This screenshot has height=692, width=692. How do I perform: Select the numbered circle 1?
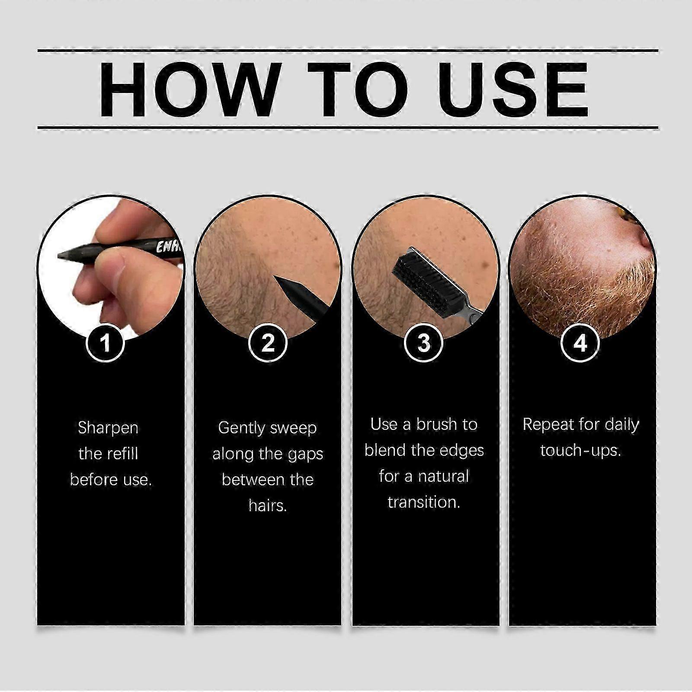tap(105, 343)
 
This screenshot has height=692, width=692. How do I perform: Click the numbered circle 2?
tap(268, 343)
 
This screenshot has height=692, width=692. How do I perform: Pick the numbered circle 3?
tap(424, 343)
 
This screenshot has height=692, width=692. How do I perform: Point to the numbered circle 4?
tap(580, 343)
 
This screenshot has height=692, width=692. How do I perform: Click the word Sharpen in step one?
tap(108, 428)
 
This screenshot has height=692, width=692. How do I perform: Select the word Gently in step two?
tap(241, 428)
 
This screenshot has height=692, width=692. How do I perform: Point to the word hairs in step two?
tap(268, 505)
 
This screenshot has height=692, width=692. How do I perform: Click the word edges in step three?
tap(460, 451)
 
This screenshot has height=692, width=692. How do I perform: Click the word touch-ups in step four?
tap(580, 451)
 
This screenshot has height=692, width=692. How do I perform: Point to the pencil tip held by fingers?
tap(63, 256)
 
